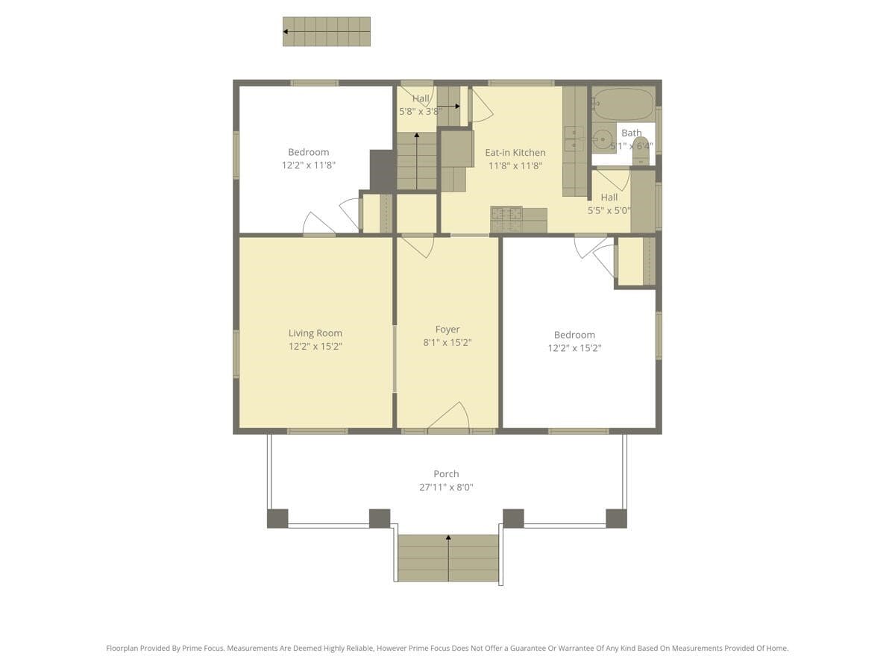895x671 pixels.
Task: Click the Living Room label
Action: tap(315, 333)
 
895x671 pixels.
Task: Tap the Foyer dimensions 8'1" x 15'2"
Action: tap(447, 343)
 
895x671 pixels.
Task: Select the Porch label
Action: tap(446, 474)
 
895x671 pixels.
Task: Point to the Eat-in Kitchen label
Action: tap(515, 153)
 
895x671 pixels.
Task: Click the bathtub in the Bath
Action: tap(624, 104)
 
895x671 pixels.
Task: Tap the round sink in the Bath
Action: tap(603, 139)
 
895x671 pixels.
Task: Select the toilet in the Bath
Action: tap(640, 151)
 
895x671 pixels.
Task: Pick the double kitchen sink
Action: tap(574, 139)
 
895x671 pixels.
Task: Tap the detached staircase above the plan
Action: tap(327, 32)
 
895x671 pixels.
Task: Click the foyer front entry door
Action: tap(448, 418)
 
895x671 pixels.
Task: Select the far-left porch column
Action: tap(277, 518)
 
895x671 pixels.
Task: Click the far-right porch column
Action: tap(616, 518)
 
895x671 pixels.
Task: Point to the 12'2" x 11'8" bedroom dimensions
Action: tap(309, 166)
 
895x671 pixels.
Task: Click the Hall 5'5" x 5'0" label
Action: tap(609, 198)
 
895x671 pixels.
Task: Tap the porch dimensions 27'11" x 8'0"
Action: tap(446, 488)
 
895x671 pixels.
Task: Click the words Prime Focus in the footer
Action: tap(203, 649)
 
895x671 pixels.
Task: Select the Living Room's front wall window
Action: tap(318, 431)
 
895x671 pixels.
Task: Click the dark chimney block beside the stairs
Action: tap(383, 171)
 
